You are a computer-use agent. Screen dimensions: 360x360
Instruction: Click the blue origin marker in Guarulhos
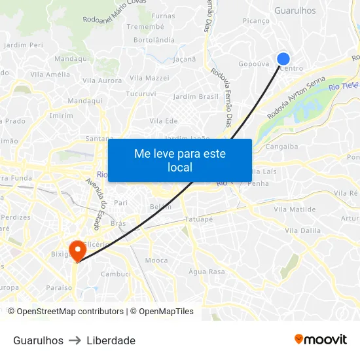(x=283, y=59)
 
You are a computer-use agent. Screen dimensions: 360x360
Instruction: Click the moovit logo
(x=320, y=340)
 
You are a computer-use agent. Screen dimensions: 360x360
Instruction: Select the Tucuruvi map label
(x=141, y=94)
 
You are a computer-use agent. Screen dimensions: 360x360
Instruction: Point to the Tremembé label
(x=145, y=26)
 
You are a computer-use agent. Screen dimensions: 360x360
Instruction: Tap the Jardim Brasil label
(x=196, y=97)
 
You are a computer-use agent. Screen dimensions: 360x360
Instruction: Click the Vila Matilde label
(x=295, y=209)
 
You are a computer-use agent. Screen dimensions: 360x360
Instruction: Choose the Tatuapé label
(x=199, y=219)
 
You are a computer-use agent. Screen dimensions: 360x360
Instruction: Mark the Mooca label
(x=156, y=261)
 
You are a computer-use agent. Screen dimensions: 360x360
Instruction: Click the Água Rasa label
(x=206, y=272)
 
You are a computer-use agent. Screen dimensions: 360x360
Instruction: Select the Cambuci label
(x=116, y=274)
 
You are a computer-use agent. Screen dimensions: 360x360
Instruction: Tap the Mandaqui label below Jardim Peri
(x=72, y=59)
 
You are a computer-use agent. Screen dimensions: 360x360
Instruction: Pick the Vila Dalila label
(x=302, y=230)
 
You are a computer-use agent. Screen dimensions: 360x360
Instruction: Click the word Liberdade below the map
(x=111, y=340)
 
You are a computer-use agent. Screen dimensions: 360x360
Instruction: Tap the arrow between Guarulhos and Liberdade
(x=75, y=340)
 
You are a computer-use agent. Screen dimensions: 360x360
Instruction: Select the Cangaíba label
(x=282, y=147)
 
